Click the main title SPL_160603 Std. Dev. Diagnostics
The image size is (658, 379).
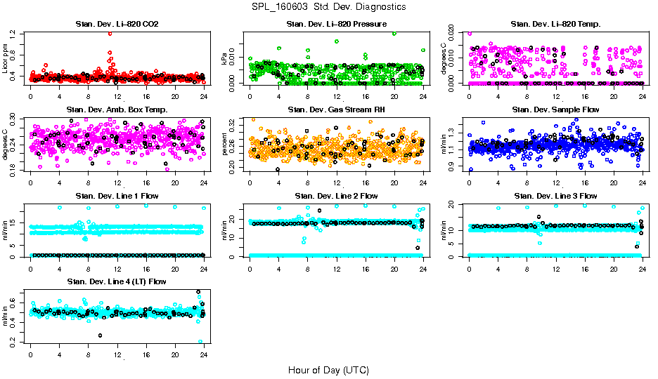click(x=328, y=6)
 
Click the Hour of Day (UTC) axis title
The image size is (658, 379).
click(x=328, y=369)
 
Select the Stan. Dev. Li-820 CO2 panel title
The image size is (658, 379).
click(x=117, y=25)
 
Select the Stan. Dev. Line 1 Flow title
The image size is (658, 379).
click(x=117, y=196)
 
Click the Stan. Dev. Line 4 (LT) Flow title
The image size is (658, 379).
click(x=117, y=281)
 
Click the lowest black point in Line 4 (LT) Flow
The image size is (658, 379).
click(x=101, y=335)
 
